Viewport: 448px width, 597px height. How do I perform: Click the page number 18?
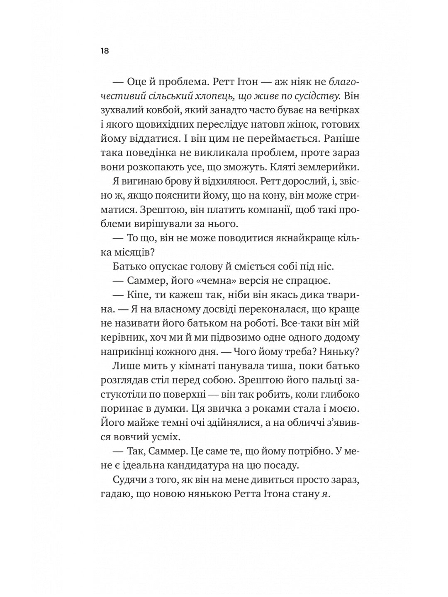[x=104, y=51]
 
